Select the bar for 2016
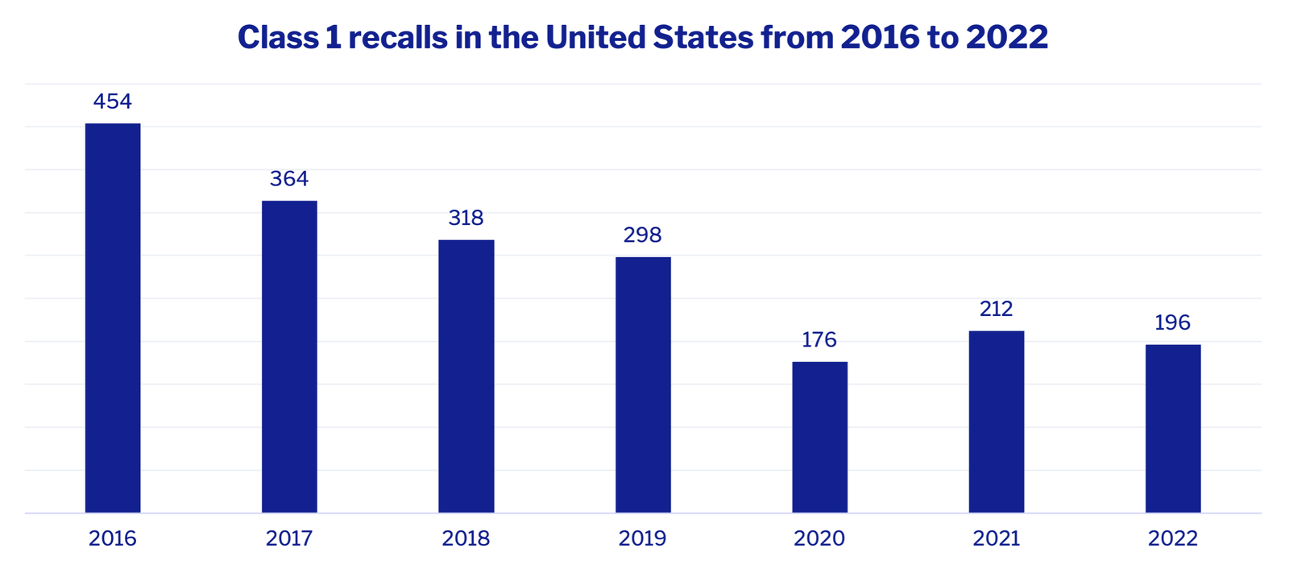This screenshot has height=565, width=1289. (113, 318)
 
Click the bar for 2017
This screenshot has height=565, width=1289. (289, 356)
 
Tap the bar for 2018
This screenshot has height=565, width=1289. (466, 376)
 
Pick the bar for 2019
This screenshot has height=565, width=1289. (643, 384)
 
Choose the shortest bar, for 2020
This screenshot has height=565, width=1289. (819, 437)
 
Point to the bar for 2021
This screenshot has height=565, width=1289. (997, 422)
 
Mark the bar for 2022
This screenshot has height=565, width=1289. (1173, 428)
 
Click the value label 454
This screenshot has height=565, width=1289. (113, 102)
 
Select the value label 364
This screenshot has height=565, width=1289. (289, 179)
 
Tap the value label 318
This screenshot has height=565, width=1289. (466, 218)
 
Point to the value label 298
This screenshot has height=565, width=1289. (643, 235)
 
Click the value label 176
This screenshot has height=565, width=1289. (819, 340)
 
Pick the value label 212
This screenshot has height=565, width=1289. (997, 310)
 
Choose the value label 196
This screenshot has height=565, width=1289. (1173, 323)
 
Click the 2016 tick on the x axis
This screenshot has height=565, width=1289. (113, 538)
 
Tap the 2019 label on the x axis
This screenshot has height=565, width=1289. (643, 538)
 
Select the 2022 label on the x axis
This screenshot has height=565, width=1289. (1173, 538)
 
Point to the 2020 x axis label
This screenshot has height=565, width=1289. (819, 538)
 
